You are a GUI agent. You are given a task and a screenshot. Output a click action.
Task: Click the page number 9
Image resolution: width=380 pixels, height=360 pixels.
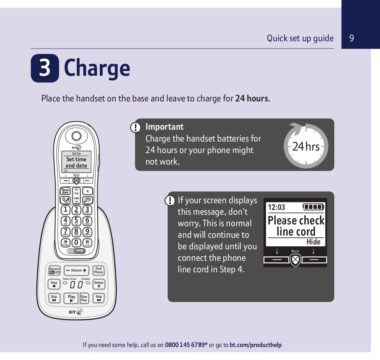351,38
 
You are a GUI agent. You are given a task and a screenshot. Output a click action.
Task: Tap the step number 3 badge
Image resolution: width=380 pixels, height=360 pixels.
45,68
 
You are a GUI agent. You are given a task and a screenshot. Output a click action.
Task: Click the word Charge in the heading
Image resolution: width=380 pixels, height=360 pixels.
97,68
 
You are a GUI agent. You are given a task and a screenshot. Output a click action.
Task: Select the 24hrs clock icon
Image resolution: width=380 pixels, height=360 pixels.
305,146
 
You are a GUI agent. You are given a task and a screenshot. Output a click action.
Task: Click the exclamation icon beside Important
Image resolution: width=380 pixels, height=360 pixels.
136,127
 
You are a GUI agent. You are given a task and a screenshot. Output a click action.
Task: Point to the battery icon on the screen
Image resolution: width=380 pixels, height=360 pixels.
313,207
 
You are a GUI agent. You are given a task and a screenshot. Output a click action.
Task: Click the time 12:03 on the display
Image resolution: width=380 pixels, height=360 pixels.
277,207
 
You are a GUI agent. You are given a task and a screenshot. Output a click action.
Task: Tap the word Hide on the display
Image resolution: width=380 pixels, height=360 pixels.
313,242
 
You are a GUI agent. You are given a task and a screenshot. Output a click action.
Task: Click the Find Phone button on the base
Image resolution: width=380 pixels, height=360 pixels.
98,270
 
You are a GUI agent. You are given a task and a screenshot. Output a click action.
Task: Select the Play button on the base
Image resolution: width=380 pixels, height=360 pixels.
72,298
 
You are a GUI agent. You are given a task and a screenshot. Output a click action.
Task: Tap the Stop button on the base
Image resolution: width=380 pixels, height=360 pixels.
54,284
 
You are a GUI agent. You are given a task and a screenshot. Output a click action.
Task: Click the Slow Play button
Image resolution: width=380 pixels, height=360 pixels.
84,298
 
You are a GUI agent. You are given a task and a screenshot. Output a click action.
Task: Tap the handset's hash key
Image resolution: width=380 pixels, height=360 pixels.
87,242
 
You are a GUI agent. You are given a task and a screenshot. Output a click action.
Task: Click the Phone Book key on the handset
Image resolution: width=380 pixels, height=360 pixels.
65,191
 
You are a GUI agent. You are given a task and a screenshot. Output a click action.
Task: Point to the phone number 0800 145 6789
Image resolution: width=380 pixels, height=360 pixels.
186,345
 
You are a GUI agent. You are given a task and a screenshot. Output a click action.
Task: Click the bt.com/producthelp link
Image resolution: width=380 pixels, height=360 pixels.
255,345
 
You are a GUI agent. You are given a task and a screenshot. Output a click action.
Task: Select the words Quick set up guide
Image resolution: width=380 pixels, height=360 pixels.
300,38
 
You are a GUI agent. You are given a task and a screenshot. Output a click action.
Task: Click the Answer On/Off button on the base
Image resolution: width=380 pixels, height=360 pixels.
55,270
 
